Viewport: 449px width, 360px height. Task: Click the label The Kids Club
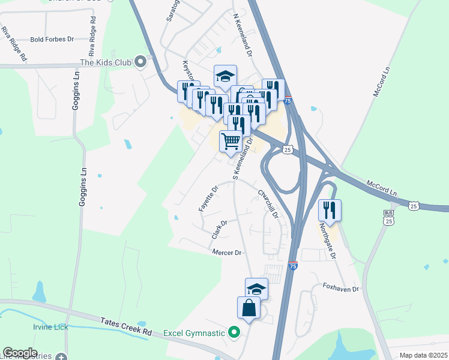[x=106, y=62]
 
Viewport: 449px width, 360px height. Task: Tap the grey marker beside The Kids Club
[x=141, y=61]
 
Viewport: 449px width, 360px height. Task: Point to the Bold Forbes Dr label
[x=51, y=39]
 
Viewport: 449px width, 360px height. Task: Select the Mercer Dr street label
[x=226, y=253]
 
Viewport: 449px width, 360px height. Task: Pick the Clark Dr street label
[x=220, y=230]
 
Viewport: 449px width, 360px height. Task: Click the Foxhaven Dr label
[x=340, y=289]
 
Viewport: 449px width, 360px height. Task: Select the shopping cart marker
[x=231, y=142]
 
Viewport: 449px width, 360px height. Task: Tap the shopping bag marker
[x=250, y=308]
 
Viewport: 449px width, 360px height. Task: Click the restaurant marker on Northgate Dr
[x=330, y=210]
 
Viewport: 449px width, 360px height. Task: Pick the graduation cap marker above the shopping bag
[x=256, y=289]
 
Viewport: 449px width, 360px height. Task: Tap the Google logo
[x=20, y=352]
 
